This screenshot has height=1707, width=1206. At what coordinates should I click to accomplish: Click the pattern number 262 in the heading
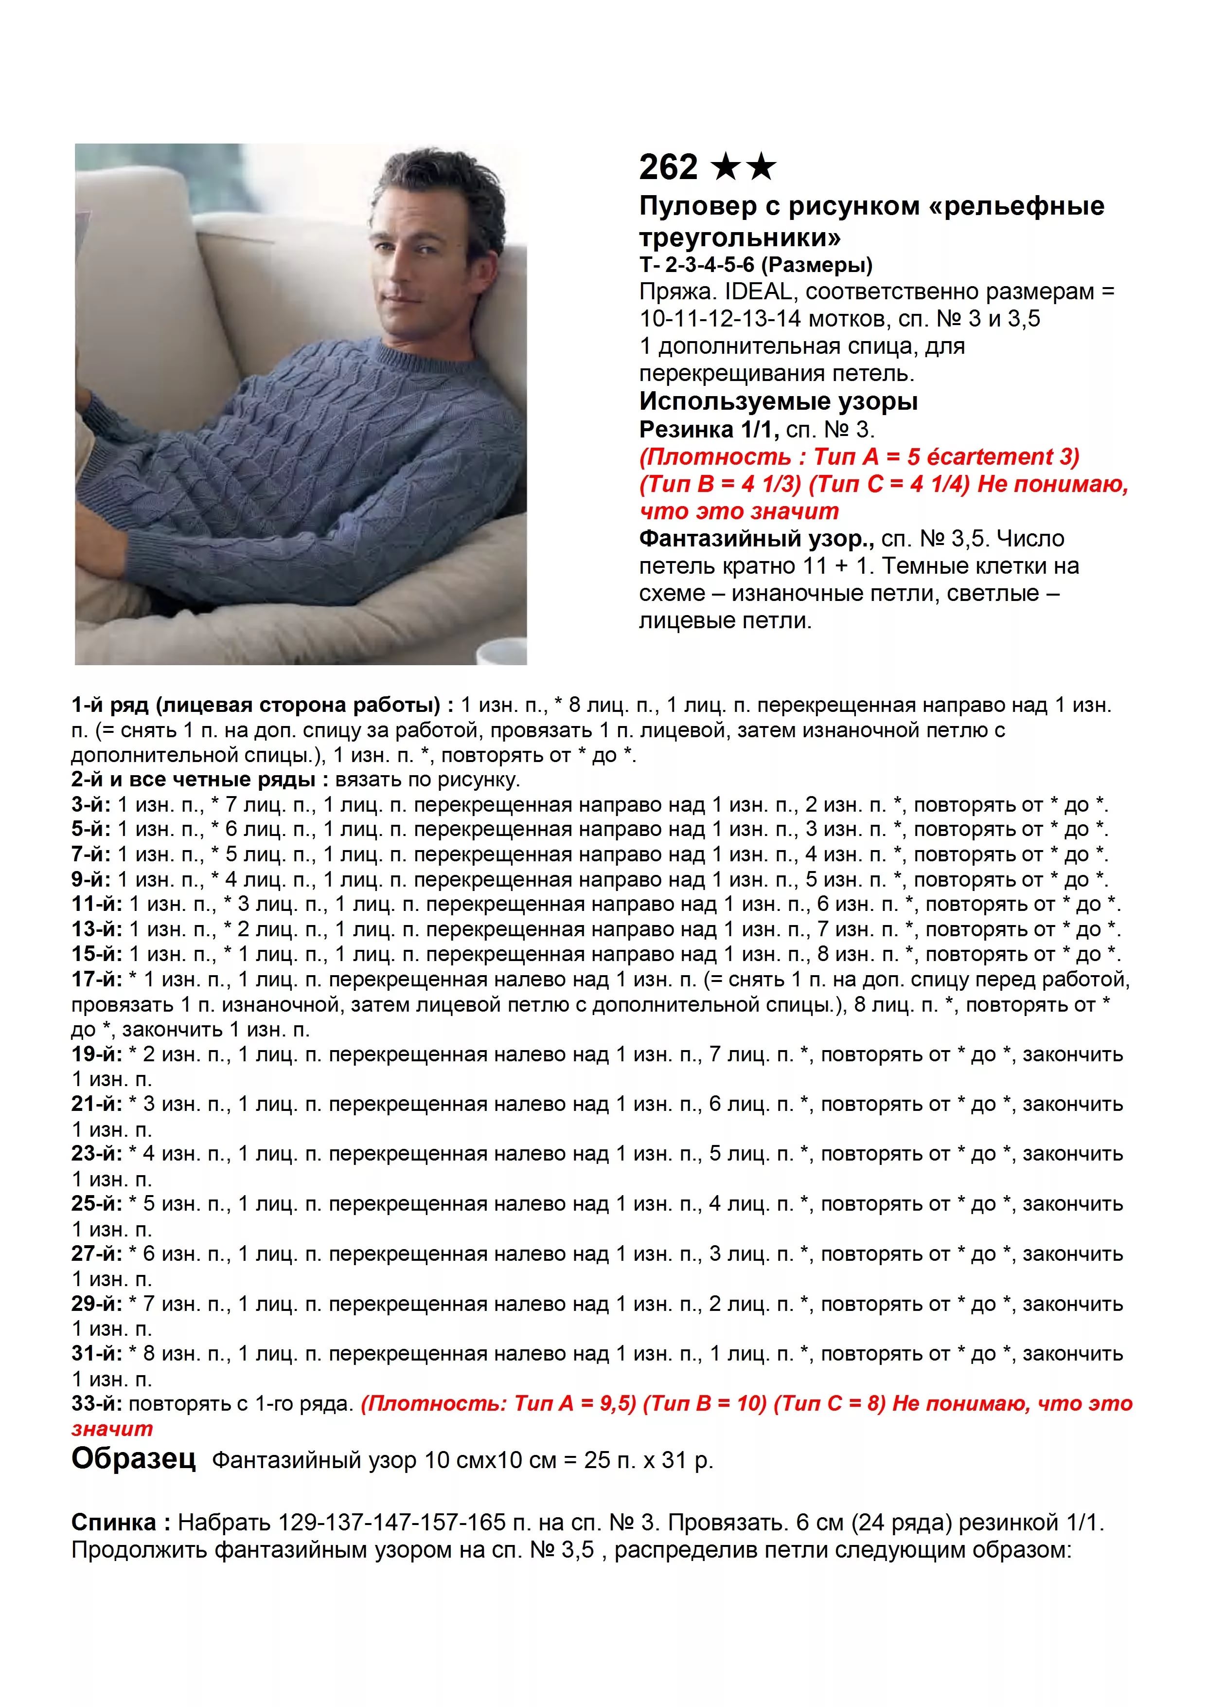tap(668, 167)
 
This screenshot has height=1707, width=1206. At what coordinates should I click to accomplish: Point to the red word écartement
tap(984, 456)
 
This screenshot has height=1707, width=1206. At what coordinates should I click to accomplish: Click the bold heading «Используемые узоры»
tap(778, 401)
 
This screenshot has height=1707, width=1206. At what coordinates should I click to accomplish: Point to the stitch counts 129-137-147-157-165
tap(391, 1523)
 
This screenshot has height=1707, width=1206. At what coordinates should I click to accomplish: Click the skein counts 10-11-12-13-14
tap(720, 319)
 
